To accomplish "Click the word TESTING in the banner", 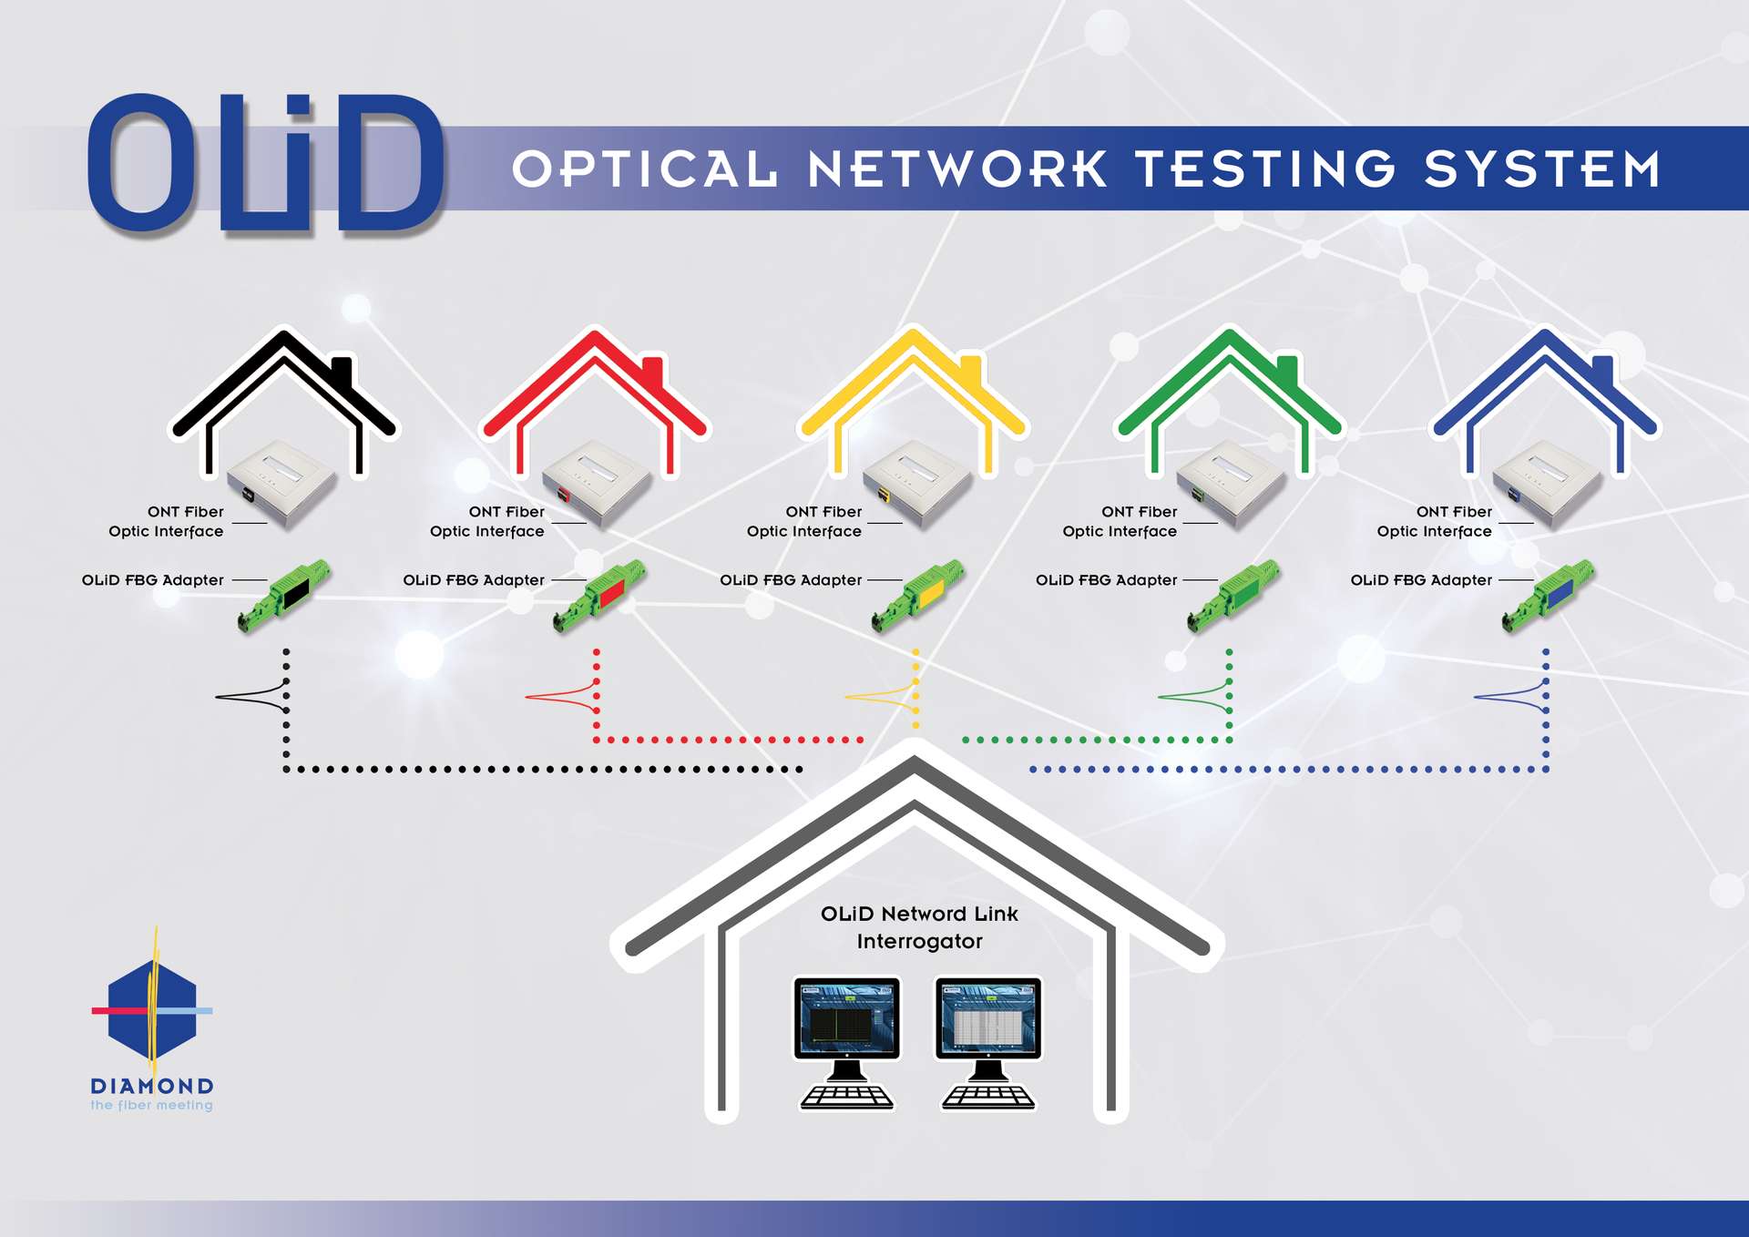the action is point(1265,169).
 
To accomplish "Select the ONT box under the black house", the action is point(281,483).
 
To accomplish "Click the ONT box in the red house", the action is point(598,483).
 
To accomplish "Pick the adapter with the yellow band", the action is point(917,595).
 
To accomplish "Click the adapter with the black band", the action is point(283,595).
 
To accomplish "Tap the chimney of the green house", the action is point(1286,373).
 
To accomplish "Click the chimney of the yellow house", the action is point(971,373).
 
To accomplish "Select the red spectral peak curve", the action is point(562,697).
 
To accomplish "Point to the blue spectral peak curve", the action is point(1510,697).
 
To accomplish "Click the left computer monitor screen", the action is point(847,1018).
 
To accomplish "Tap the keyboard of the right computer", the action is point(988,1097).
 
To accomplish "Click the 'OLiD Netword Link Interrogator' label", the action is point(919,927).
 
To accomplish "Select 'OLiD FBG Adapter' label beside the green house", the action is point(1106,580).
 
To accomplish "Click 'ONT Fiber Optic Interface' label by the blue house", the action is point(1435,522).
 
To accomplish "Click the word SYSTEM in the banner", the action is point(1543,169).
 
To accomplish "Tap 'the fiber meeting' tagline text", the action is point(151,1105).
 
